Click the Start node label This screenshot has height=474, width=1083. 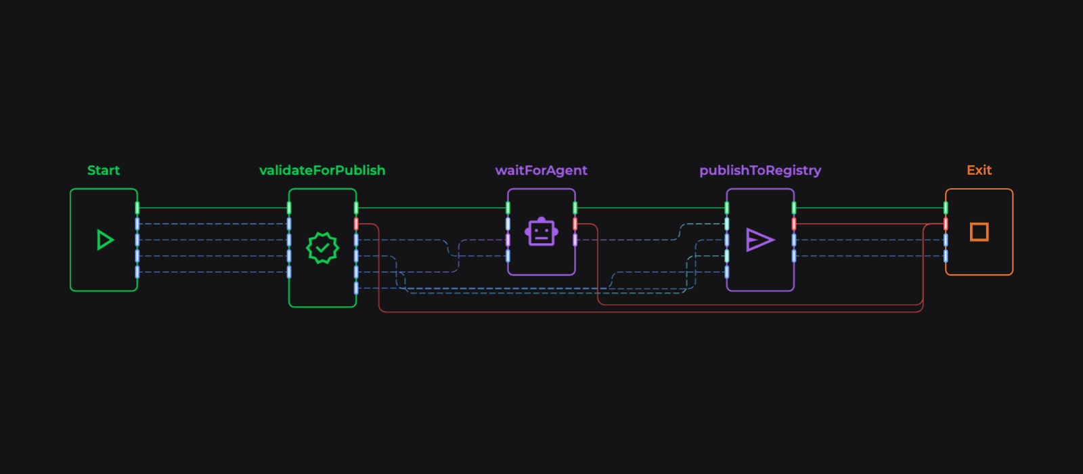(104, 171)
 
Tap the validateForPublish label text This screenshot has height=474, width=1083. (322, 171)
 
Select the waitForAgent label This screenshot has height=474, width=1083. (541, 171)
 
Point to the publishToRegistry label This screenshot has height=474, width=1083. (760, 171)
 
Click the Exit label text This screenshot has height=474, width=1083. (979, 171)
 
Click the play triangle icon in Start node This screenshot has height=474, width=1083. (104, 240)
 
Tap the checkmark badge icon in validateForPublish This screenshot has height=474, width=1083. (322, 248)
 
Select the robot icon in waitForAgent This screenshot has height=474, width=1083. (541, 232)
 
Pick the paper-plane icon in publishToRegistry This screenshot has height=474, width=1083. (759, 240)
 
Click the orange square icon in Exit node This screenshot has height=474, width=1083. (979, 232)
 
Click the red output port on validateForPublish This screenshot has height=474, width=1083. (356, 223)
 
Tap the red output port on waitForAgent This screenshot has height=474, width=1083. (575, 223)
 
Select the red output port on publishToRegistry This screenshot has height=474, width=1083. (794, 223)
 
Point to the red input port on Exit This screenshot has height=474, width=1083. (946, 223)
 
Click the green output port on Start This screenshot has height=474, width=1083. (137, 208)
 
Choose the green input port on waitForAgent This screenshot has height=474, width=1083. (508, 208)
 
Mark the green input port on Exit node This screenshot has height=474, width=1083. (946, 208)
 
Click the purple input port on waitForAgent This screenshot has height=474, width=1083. (508, 240)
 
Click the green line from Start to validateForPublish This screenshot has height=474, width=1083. (213, 208)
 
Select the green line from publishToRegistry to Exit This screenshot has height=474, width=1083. (870, 208)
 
